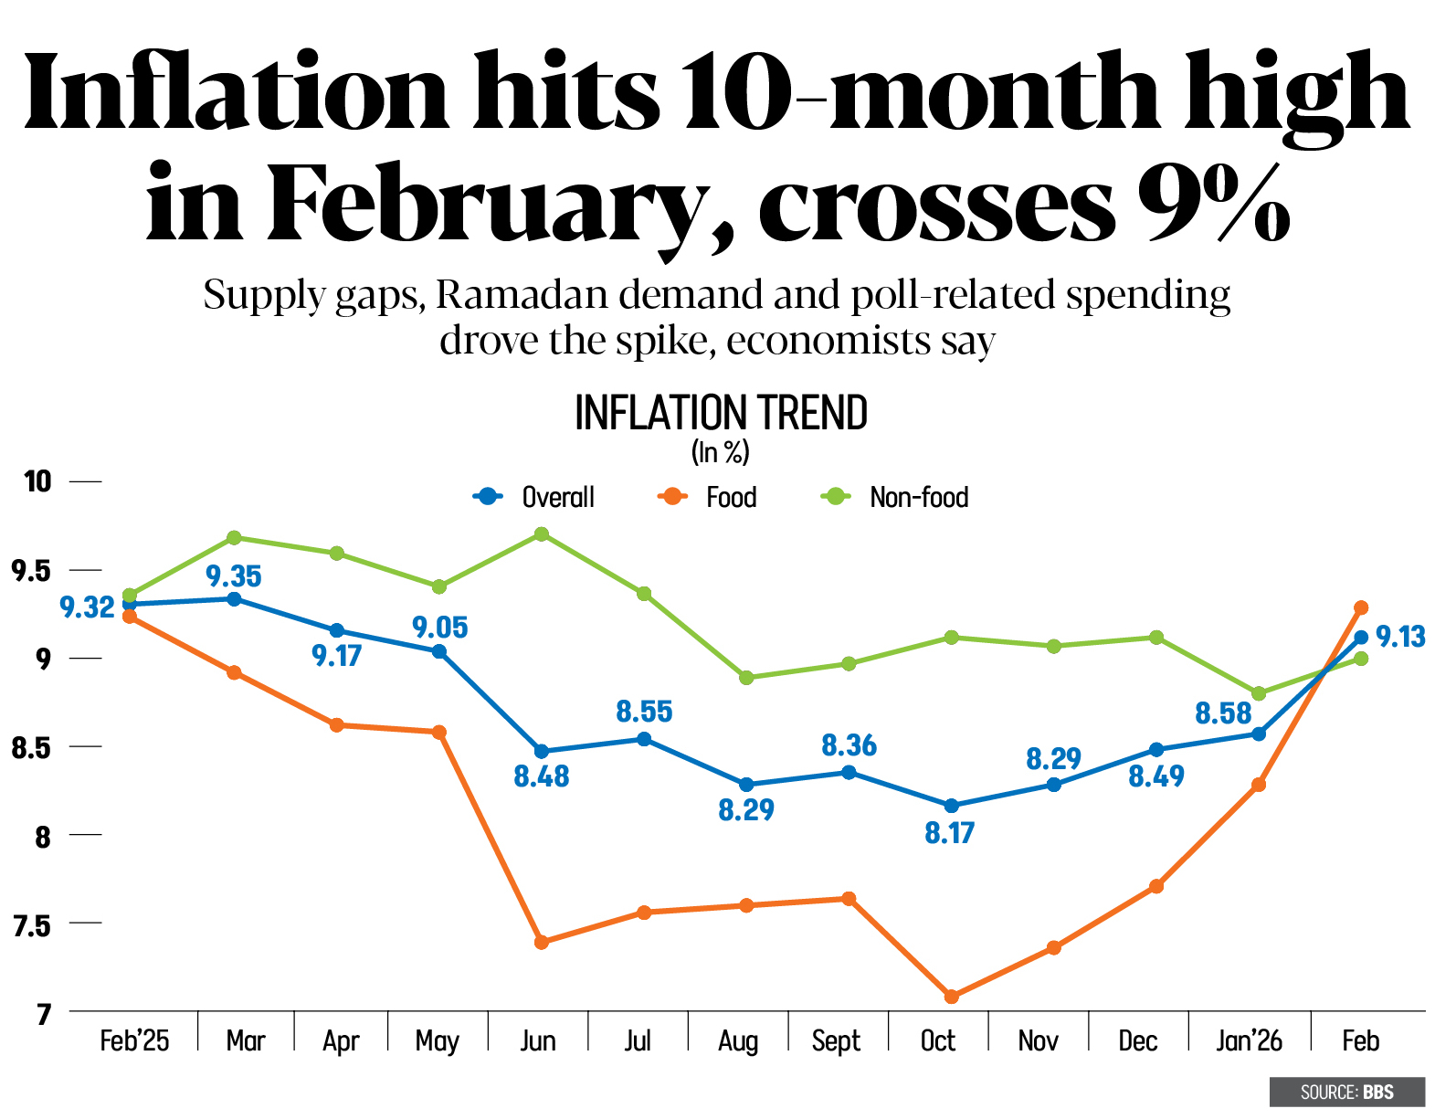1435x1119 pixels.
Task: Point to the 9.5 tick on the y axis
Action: click(x=29, y=572)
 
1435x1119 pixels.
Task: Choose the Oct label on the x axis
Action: click(x=937, y=1040)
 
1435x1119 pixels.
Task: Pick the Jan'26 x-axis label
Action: click(x=1249, y=1040)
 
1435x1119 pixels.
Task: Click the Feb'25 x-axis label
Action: click(x=134, y=1040)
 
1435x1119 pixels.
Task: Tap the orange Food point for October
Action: click(x=951, y=997)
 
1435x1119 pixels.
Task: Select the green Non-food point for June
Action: click(x=542, y=533)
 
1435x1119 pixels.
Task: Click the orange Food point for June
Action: click(x=542, y=942)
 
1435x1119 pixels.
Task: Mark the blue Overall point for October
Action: click(x=951, y=806)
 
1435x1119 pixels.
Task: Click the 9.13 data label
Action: click(x=1400, y=637)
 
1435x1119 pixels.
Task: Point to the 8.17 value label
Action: click(x=950, y=833)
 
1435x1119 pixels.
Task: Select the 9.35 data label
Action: click(x=234, y=576)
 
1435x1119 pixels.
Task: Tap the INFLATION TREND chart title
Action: click(x=721, y=413)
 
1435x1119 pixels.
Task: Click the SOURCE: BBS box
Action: click(x=1346, y=1092)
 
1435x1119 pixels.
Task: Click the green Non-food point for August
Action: click(x=746, y=678)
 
